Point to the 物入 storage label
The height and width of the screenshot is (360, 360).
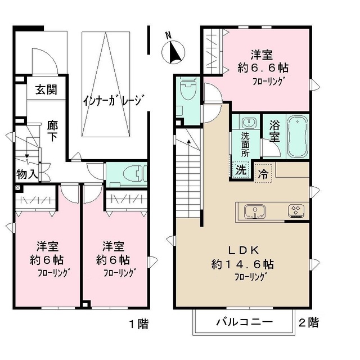pyautogui.click(x=26, y=174)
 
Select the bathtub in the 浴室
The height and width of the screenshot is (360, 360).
pyautogui.click(x=296, y=137)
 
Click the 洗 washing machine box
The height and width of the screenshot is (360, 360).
pyautogui.click(x=240, y=169)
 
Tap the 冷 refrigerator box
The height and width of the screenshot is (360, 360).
pyautogui.click(x=263, y=174)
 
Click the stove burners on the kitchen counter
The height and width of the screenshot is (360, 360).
pyautogui.click(x=296, y=211)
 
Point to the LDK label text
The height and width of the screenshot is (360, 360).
pyautogui.click(x=242, y=250)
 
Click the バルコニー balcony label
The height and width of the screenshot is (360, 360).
pyautogui.click(x=244, y=323)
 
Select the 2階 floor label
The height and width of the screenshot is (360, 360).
pyautogui.click(x=308, y=323)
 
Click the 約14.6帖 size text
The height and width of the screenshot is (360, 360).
pyautogui.click(x=242, y=263)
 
